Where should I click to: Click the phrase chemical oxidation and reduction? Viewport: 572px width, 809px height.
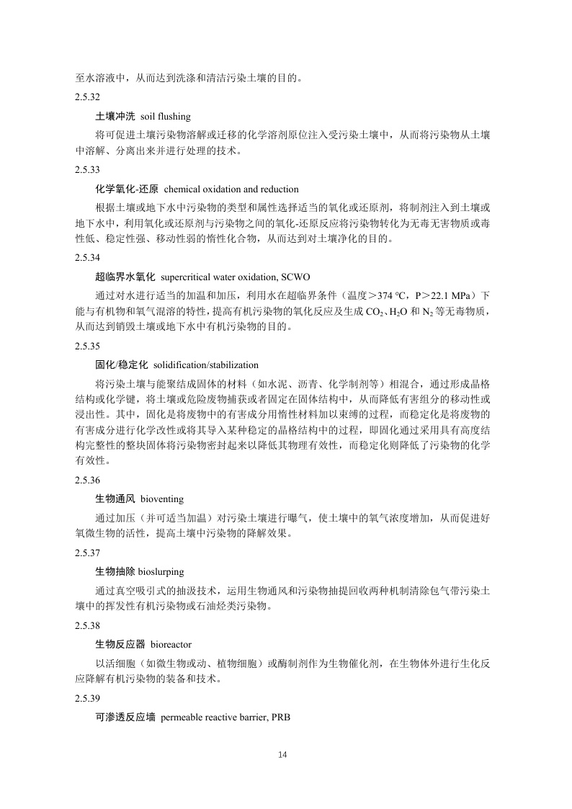(231, 189)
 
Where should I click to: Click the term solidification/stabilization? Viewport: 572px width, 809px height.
(206, 365)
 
